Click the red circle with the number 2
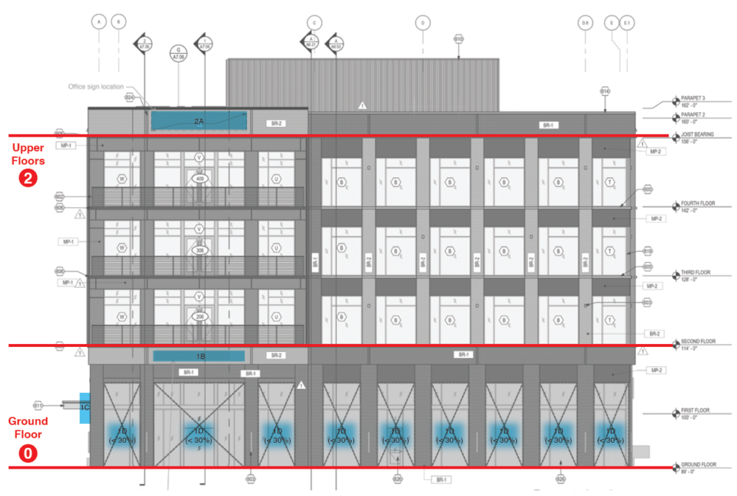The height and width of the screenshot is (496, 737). coord(28,178)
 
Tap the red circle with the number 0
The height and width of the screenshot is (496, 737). coord(28,454)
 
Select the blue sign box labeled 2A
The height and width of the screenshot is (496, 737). coord(199,121)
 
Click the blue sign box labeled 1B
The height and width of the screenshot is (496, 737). coord(199,356)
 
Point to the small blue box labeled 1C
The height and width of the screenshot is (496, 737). coord(84,407)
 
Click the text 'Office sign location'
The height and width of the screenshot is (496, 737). coord(96,87)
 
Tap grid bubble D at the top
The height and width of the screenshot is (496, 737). coord(422,23)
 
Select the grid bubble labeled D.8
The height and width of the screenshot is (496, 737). coord(584,23)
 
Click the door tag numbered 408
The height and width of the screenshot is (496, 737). coord(199,179)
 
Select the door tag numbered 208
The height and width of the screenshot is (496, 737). coord(199,317)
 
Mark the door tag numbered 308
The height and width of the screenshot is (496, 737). coord(199,249)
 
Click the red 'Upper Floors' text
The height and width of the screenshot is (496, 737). coord(28,154)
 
